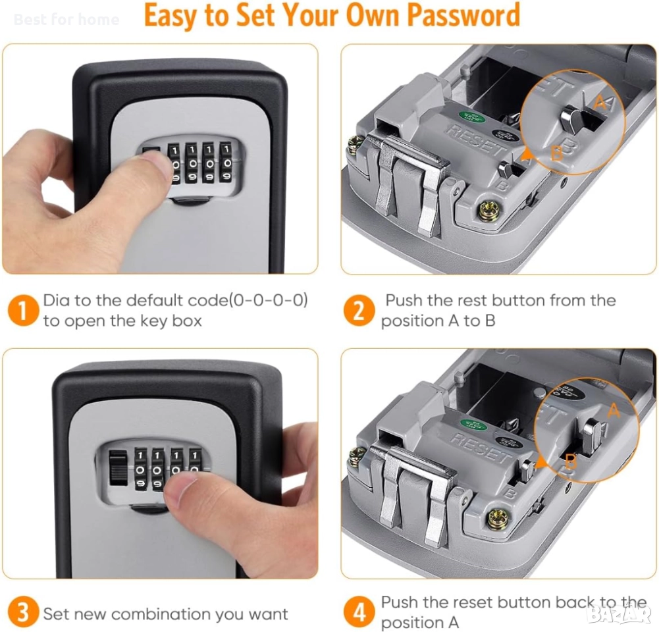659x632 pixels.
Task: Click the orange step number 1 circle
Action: pyautogui.click(x=23, y=311)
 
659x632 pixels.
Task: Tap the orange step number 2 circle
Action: pyautogui.click(x=359, y=311)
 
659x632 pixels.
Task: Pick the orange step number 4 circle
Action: pyautogui.click(x=359, y=612)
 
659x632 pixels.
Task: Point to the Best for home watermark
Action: pyautogui.click(x=66, y=19)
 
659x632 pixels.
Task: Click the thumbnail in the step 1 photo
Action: pyautogui.click(x=156, y=162)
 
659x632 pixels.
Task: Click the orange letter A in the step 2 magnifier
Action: pyautogui.click(x=601, y=102)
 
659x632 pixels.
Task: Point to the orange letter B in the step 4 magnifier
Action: pyautogui.click(x=571, y=463)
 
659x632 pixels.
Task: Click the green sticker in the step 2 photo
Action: pyautogui.click(x=472, y=117)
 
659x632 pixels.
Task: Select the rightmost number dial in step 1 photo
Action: pyautogui.click(x=226, y=163)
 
